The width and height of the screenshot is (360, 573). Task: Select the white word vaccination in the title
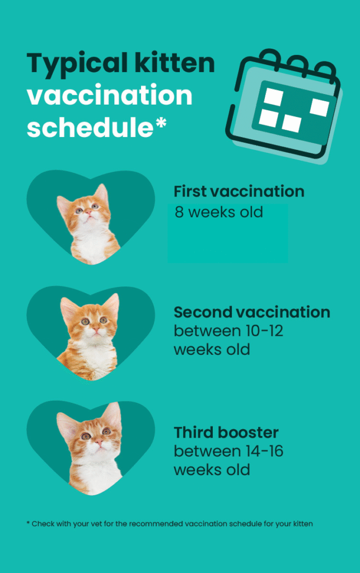coord(110,96)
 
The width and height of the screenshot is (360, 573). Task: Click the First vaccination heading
coord(239,191)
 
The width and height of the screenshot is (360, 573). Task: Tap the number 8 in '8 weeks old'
coord(179,213)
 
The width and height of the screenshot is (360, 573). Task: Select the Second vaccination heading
coord(251,312)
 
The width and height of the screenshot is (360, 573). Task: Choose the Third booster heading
coord(226,433)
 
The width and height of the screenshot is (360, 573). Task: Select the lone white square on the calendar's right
coord(319,107)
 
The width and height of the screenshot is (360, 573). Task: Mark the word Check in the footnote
coord(42,524)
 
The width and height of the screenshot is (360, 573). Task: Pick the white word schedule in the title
coord(90,128)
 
